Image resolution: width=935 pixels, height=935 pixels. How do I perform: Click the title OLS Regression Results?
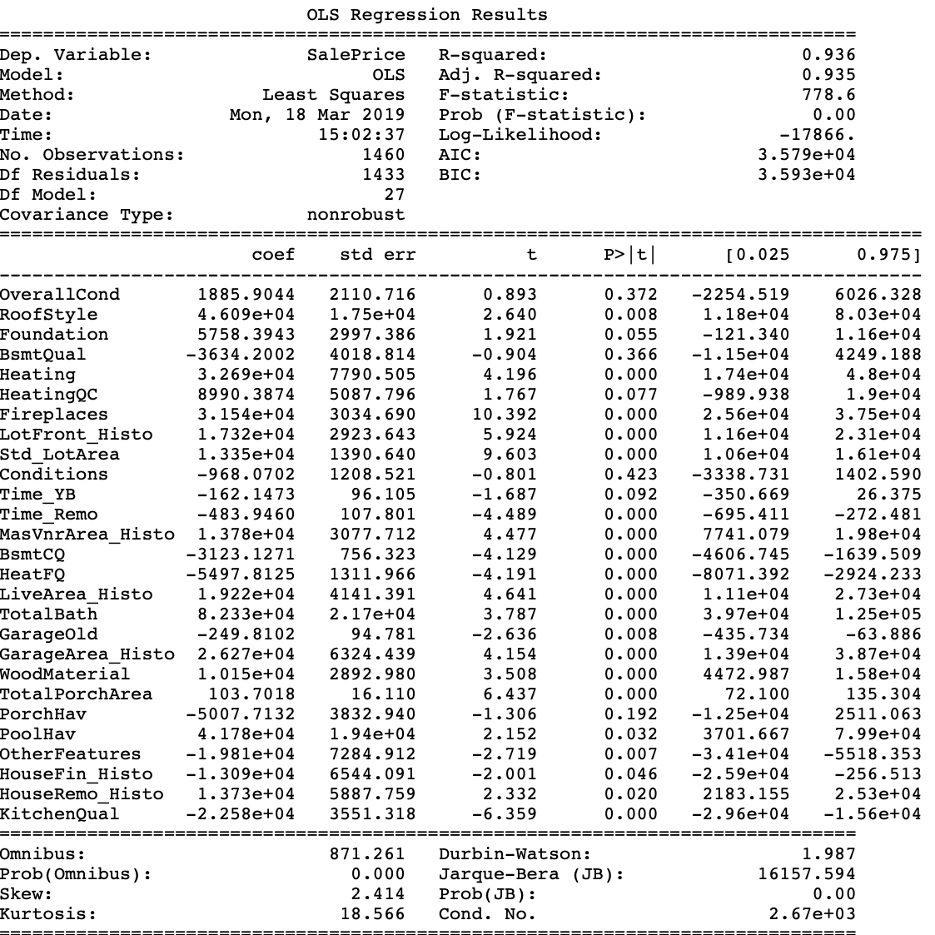tap(427, 15)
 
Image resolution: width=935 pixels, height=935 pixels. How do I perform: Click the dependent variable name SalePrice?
tap(356, 55)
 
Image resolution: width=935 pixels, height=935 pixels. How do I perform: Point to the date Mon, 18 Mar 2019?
tap(316, 115)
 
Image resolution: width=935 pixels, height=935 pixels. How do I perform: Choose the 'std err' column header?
tap(377, 255)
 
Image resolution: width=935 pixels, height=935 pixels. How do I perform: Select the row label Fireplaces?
tap(54, 415)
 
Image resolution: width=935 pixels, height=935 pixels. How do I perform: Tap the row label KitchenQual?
tap(60, 814)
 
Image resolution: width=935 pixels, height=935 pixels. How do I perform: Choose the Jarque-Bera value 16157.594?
tap(805, 874)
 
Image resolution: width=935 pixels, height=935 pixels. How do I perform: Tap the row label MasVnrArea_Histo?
tap(87, 535)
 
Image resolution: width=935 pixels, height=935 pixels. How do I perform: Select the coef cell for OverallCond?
tap(246, 295)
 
